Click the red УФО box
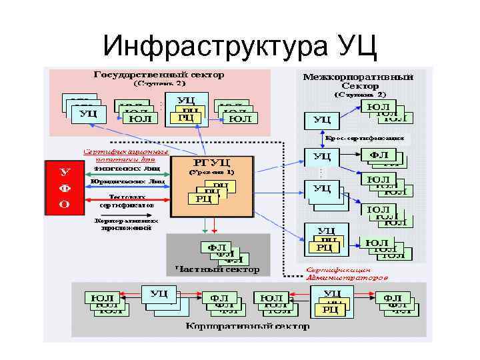pyautogui.click(x=65, y=187)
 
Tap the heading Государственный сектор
pyautogui.click(x=158, y=75)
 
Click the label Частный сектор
pyautogui.click(x=217, y=270)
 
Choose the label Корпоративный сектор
pyautogui.click(x=247, y=327)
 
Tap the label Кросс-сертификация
pyautogui.click(x=365, y=139)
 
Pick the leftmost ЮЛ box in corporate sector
pyautogui.click(x=101, y=297)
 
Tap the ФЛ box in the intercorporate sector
pyautogui.click(x=378, y=155)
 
